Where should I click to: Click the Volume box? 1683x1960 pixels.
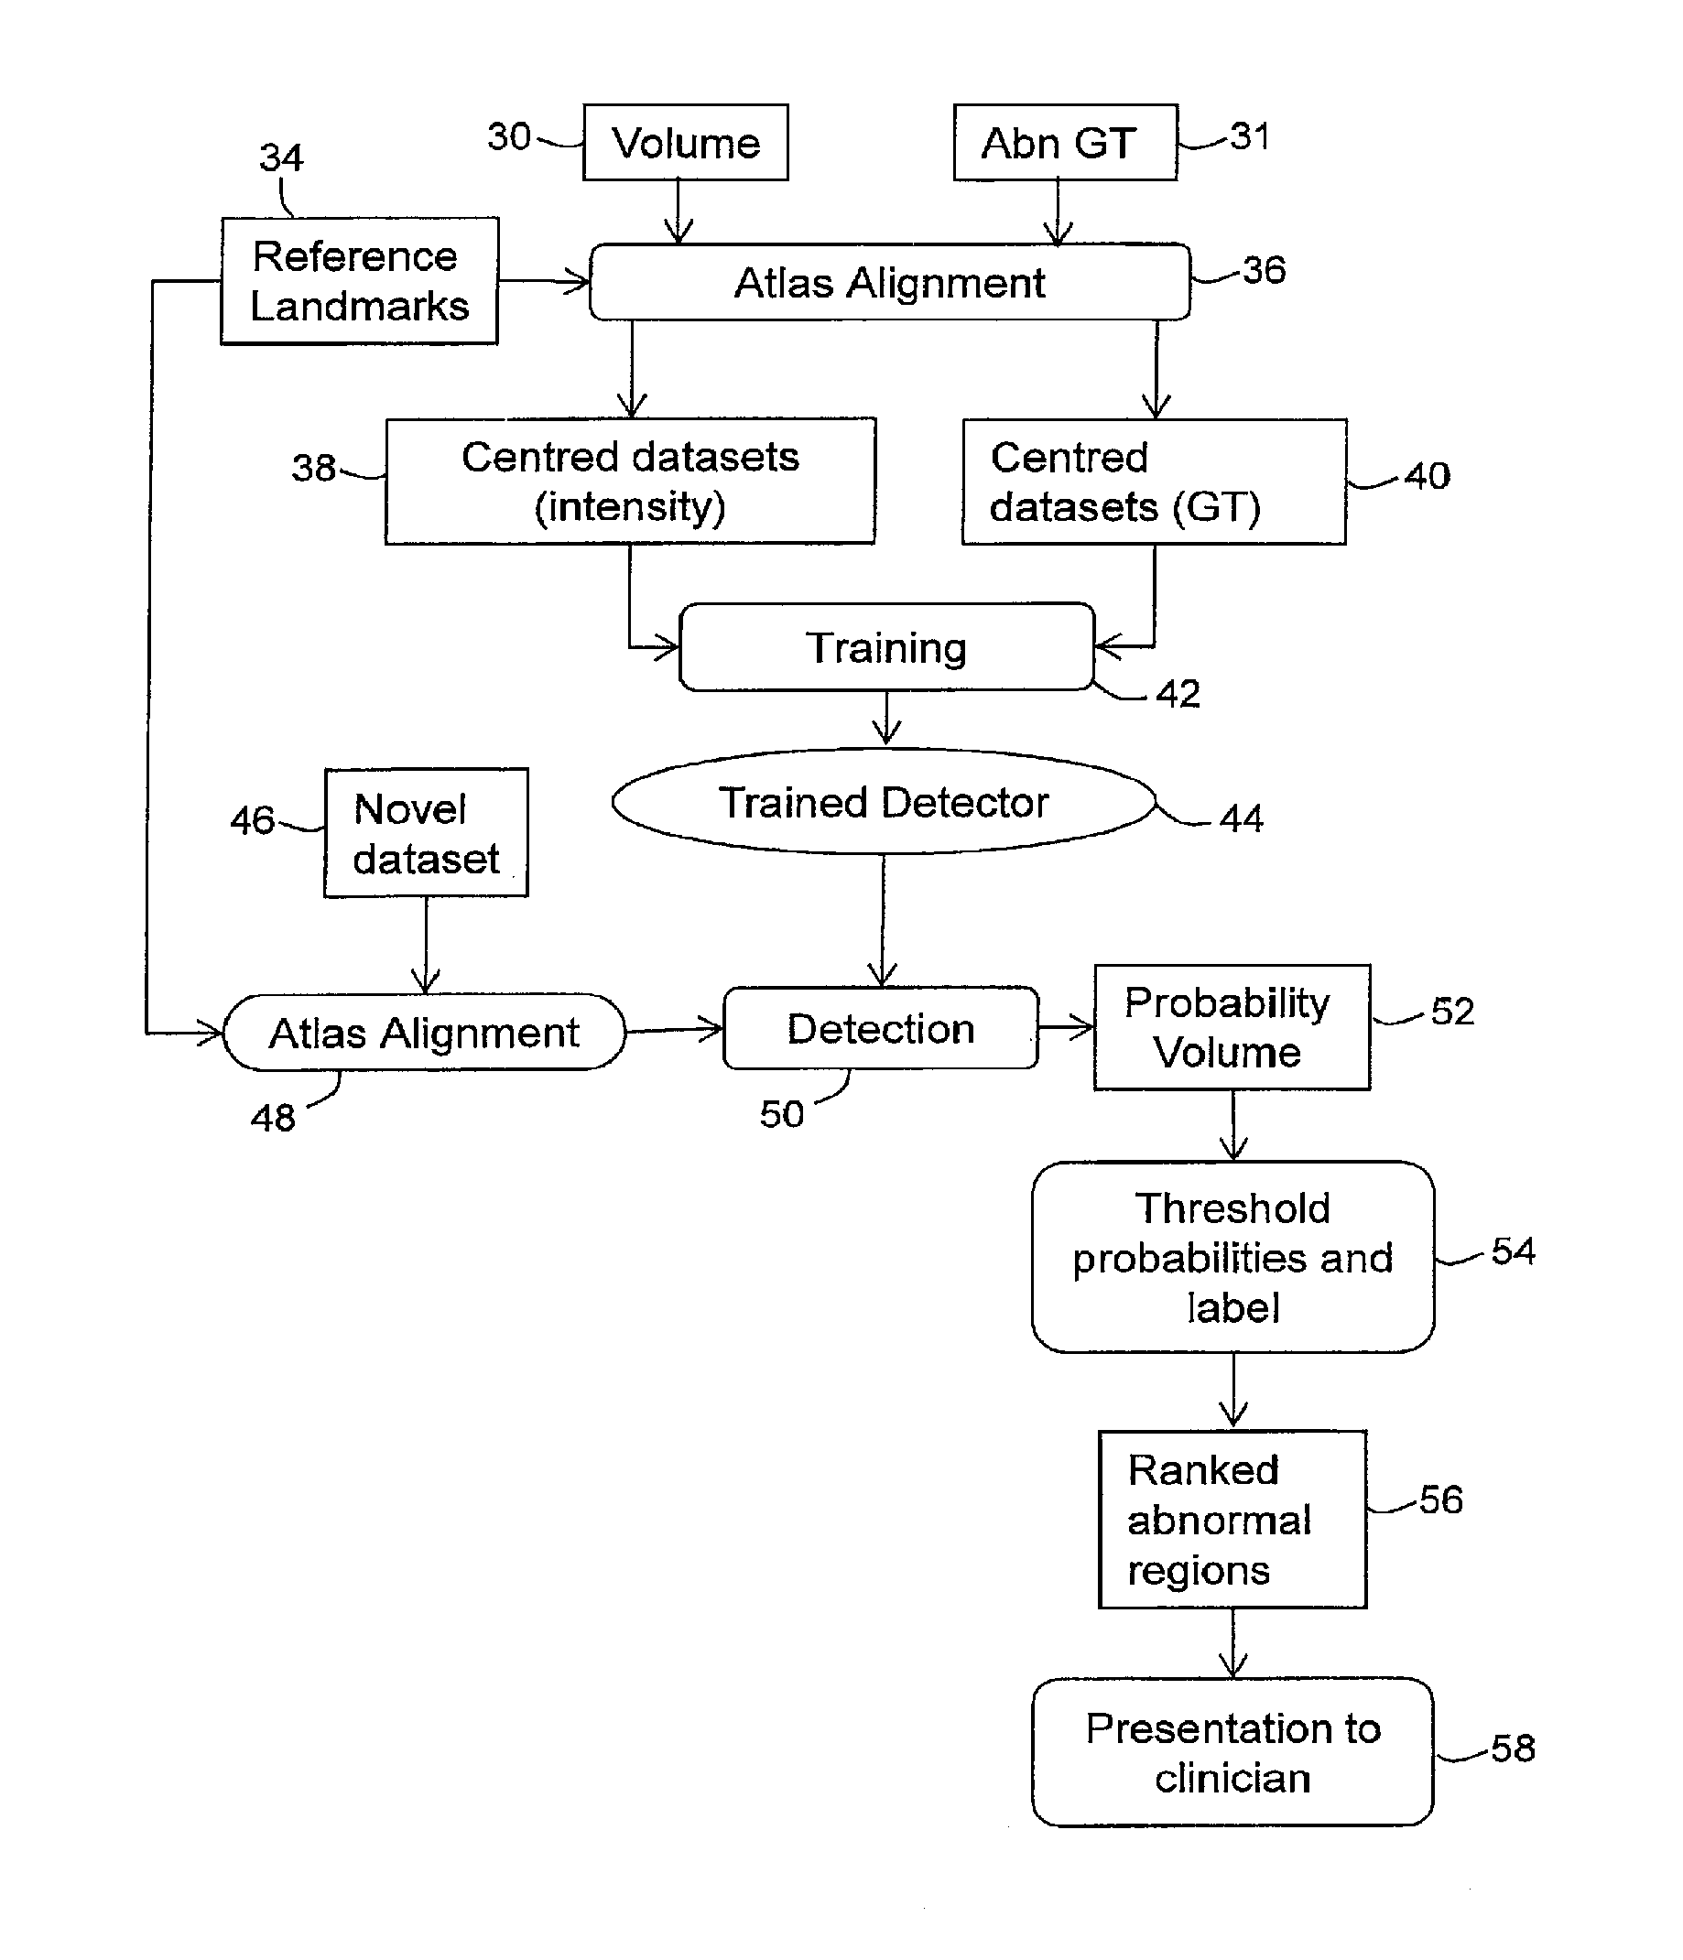click(x=685, y=143)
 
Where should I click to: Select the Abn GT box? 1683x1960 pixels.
click(x=1064, y=143)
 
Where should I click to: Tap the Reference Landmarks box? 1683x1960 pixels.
click(x=360, y=281)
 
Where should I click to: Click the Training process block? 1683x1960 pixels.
click(x=886, y=648)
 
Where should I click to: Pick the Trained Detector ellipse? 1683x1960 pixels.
click(x=884, y=802)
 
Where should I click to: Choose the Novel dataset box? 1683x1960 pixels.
click(x=426, y=833)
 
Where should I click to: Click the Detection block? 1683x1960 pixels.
click(x=881, y=1029)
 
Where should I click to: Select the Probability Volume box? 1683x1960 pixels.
click(x=1231, y=1027)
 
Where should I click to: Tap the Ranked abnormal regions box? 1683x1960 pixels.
click(x=1232, y=1519)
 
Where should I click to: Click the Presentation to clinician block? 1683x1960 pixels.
click(x=1232, y=1753)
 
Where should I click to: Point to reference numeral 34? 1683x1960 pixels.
click(x=281, y=158)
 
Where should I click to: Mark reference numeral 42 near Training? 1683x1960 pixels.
click(x=1178, y=694)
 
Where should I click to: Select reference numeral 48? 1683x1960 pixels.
click(x=274, y=1118)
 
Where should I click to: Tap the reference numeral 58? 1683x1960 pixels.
click(x=1513, y=1749)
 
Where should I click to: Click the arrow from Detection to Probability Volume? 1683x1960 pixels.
click(x=1066, y=1027)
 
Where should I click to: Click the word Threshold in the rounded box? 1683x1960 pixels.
click(x=1232, y=1209)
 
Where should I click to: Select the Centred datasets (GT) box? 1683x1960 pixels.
click(x=1153, y=482)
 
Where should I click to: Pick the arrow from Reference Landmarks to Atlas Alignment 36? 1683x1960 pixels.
click(x=544, y=281)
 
